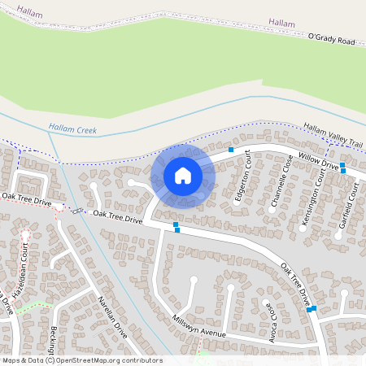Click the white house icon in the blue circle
183,176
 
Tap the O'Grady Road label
332,38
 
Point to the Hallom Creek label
72,128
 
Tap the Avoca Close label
273,320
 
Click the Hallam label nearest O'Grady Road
281,24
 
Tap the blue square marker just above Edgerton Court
231,150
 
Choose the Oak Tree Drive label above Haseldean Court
26,198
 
